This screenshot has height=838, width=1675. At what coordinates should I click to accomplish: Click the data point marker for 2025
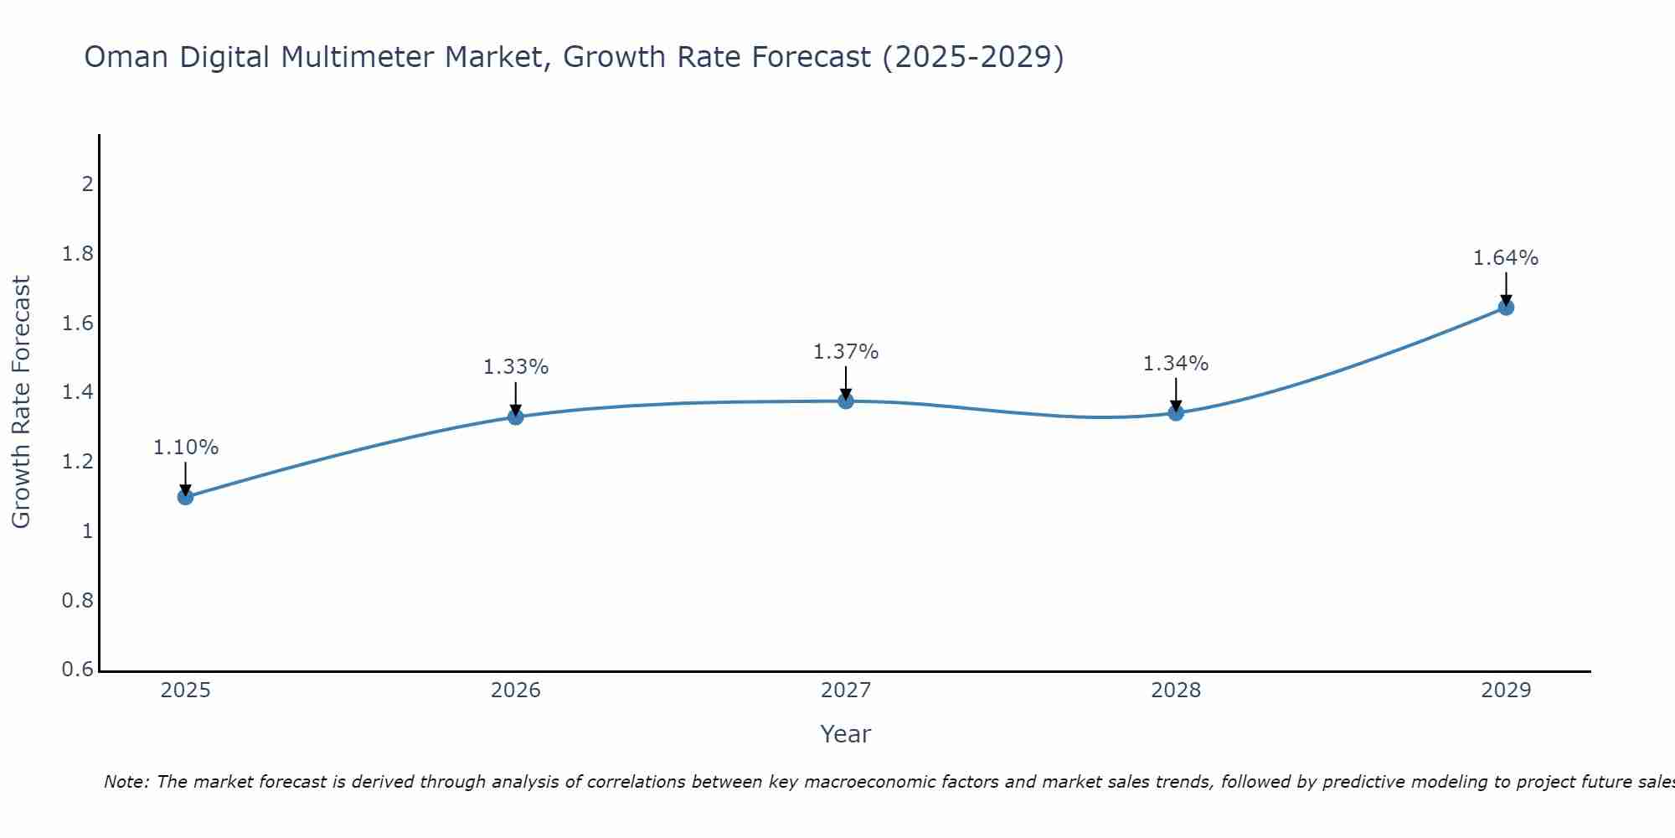coord(186,497)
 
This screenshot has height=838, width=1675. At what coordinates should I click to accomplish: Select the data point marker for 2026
coord(516,416)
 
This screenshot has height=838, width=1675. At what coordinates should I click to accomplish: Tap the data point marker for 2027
coord(846,401)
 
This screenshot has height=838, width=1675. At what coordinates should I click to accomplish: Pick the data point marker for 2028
coord(1176,412)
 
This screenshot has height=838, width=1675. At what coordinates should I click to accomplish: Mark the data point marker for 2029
coord(1506,308)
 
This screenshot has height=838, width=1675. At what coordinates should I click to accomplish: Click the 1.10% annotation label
coord(186,447)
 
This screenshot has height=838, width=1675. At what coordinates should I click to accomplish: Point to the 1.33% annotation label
coord(516,367)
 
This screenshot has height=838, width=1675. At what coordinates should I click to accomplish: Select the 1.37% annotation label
coord(846,352)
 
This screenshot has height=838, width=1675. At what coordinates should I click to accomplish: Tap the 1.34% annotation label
coord(1176,364)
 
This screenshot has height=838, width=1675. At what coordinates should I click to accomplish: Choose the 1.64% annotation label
coord(1506,258)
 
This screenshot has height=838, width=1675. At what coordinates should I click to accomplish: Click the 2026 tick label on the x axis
coord(516,691)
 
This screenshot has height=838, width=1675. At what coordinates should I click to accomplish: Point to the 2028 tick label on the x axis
coord(1176,691)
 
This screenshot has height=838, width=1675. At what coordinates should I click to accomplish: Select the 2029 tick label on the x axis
coord(1506,691)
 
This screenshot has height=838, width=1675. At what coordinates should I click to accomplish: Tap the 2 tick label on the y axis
coord(87,184)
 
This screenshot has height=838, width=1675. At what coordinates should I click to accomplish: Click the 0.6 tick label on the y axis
coord(78,670)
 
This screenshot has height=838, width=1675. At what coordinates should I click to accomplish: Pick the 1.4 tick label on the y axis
coord(78,392)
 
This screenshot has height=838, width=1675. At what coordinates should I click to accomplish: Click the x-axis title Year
coord(846,734)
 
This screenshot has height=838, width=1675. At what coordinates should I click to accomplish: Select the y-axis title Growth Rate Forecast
coord(22,402)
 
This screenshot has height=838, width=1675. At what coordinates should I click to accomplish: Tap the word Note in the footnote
coord(125,782)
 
